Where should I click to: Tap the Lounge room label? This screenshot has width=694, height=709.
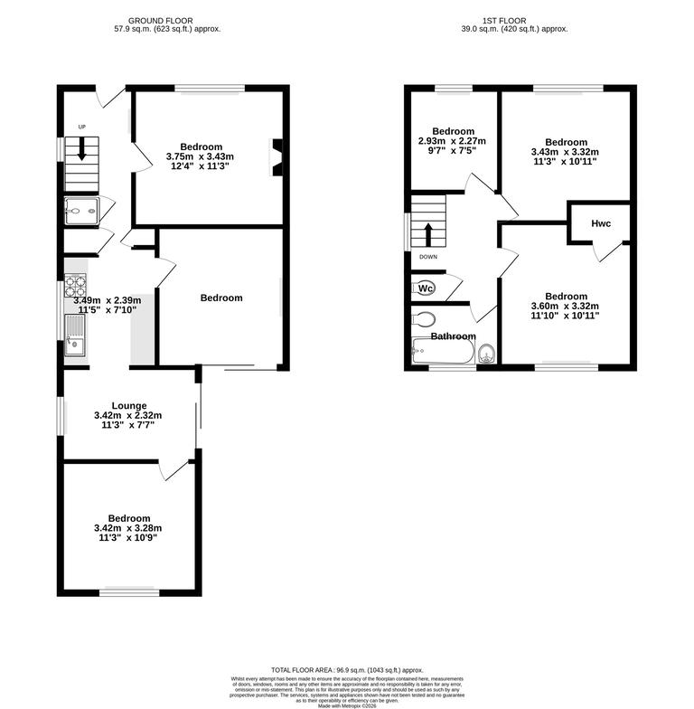pos(129,406)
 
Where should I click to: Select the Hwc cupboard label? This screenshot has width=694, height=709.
pos(601,223)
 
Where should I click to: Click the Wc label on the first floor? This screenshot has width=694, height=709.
pos(426,288)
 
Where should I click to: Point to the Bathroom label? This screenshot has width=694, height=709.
pos(452,336)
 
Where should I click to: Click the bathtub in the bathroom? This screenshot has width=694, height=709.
pos(442,351)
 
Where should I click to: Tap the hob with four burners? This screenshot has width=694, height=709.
pos(73,287)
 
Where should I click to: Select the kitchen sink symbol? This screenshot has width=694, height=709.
pos(74,344)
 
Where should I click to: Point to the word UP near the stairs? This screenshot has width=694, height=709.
pos(80,127)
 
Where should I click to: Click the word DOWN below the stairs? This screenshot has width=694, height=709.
pos(427,257)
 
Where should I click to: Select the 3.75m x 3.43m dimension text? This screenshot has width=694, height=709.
pos(200,157)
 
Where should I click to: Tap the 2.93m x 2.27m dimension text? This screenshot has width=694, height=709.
pos(452,141)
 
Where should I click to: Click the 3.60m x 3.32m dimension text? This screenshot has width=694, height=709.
pos(566,307)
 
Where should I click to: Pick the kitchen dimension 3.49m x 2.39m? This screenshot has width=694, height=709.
pos(107,300)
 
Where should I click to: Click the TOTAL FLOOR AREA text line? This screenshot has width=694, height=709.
pos(347,667)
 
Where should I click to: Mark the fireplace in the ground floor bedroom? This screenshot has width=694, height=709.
pos(277,156)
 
